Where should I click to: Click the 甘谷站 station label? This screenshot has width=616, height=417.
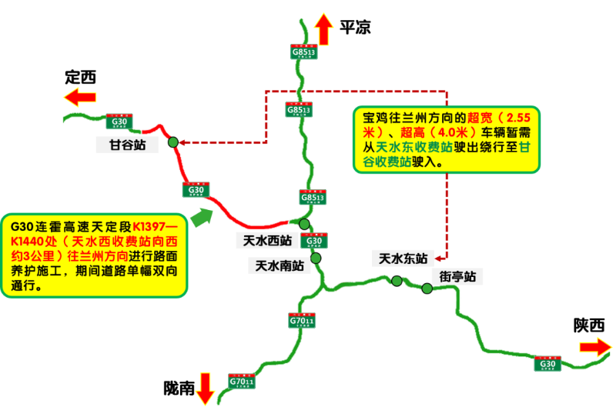[126, 144]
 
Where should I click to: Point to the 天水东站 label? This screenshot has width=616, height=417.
[400, 258]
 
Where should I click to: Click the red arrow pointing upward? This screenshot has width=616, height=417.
[324, 29]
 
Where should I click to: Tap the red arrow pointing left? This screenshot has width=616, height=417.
[80, 97]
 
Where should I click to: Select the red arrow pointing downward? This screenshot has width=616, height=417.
[205, 388]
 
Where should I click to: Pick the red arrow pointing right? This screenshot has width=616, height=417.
[595, 347]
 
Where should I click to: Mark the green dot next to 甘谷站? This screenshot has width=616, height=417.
[173, 142]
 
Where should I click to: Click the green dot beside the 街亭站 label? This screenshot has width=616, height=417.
[427, 289]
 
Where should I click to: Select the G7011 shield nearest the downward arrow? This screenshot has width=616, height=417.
[242, 381]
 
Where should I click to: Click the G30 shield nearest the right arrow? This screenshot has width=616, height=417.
[547, 363]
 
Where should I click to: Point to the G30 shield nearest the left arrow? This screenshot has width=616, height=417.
[119, 122]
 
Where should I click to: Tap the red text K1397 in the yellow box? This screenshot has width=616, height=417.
[154, 228]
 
